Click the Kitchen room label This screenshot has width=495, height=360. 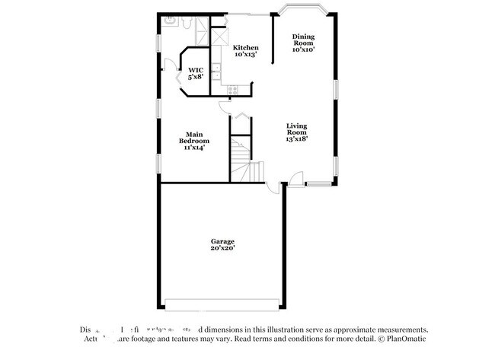[245, 47]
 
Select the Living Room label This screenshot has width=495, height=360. [297, 129]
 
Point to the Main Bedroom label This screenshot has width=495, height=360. [194, 137]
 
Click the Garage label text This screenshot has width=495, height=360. [223, 241]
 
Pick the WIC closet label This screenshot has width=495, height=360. [196, 70]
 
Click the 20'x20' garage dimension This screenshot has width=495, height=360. [223, 249]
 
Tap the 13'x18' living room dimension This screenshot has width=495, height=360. [297, 139]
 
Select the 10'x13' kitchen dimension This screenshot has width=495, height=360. [245, 54]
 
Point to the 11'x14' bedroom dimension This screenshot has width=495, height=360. [194, 147]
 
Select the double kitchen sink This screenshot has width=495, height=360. [216, 72]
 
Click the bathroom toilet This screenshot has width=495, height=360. [187, 22]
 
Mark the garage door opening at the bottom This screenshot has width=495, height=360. [222, 304]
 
